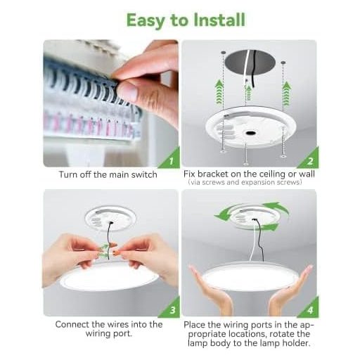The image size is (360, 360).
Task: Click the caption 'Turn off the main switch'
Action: click(108, 174)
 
